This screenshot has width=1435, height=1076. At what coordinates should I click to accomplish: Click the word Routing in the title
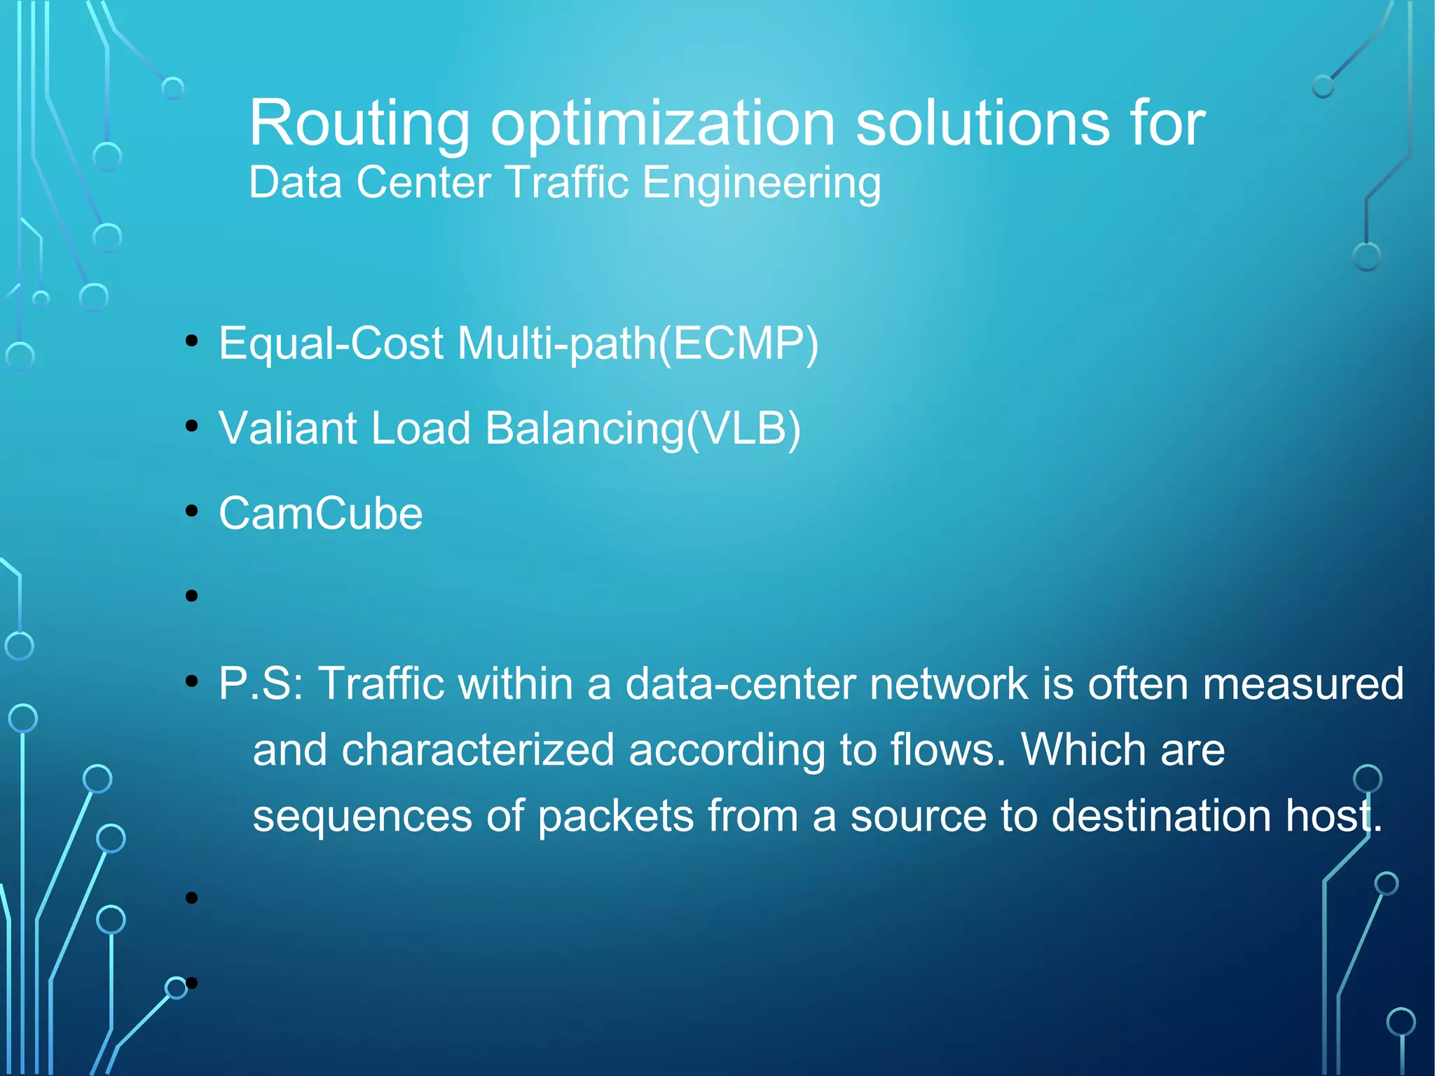click(359, 125)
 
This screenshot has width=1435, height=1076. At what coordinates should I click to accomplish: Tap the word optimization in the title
click(662, 125)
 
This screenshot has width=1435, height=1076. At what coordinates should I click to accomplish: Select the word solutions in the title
click(982, 123)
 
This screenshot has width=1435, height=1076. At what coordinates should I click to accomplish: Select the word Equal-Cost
click(331, 344)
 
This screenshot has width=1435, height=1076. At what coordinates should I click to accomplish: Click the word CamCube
click(320, 513)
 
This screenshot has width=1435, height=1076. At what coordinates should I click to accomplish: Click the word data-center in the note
click(740, 683)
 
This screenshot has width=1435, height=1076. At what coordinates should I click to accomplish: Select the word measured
click(1303, 683)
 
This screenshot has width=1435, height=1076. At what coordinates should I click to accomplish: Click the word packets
click(615, 816)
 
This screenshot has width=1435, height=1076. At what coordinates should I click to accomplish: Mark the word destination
click(1161, 816)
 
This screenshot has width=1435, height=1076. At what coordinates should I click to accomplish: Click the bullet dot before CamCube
click(192, 511)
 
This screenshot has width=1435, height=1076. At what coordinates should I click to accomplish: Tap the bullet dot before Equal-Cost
click(192, 341)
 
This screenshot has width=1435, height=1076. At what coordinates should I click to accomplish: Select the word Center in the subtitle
click(423, 183)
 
